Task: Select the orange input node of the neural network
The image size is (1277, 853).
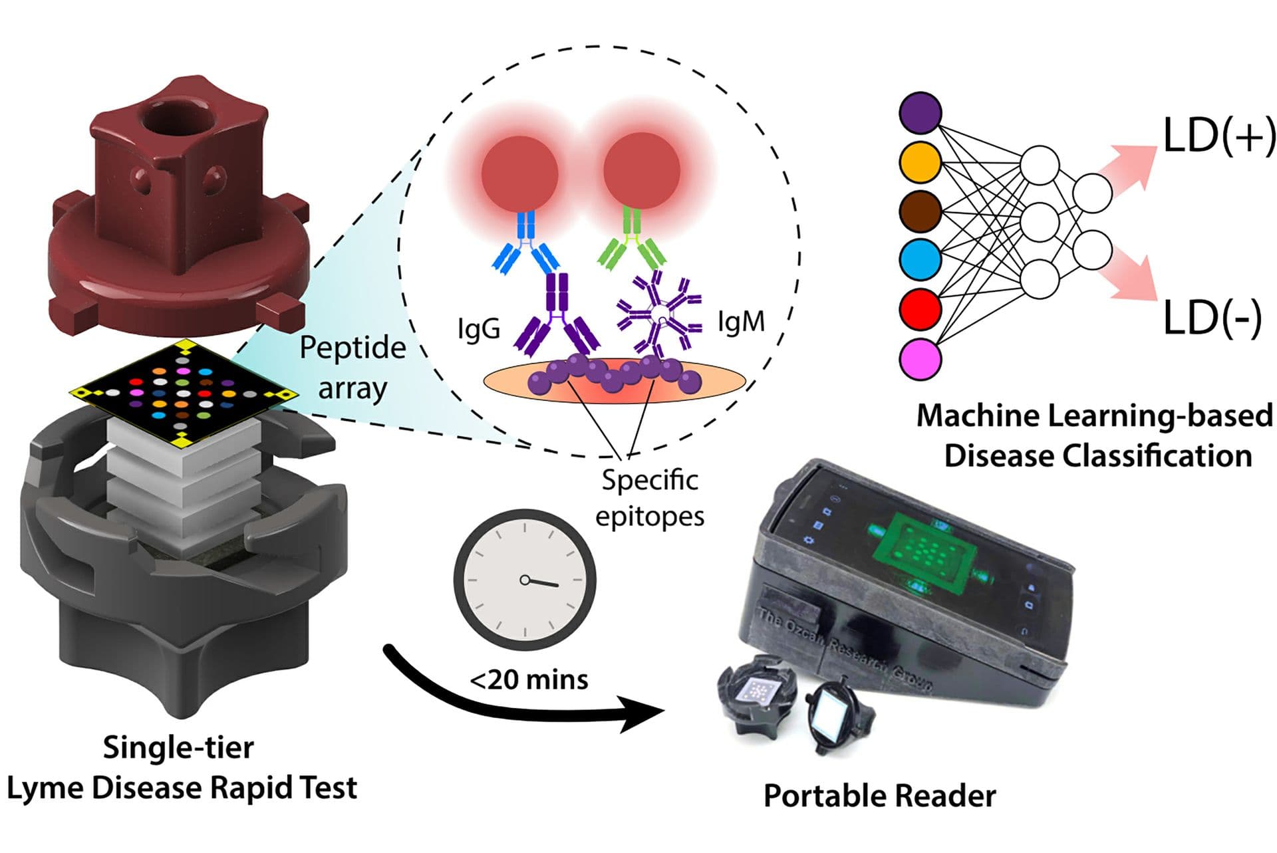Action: (x=920, y=162)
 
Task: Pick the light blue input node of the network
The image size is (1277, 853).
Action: (x=920, y=259)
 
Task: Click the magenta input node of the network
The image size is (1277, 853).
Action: (x=920, y=358)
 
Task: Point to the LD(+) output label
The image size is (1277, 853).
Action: (x=1218, y=136)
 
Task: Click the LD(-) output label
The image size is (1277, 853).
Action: (x=1212, y=318)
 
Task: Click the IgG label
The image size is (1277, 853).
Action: (x=479, y=328)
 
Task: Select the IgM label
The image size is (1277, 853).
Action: (x=741, y=322)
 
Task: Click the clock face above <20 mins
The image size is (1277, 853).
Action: (x=525, y=580)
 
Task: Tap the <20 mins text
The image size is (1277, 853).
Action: (x=529, y=679)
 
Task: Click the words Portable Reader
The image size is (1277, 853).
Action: (x=879, y=795)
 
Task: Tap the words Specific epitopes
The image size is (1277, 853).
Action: (x=649, y=497)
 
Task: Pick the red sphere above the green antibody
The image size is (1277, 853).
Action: (x=641, y=170)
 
